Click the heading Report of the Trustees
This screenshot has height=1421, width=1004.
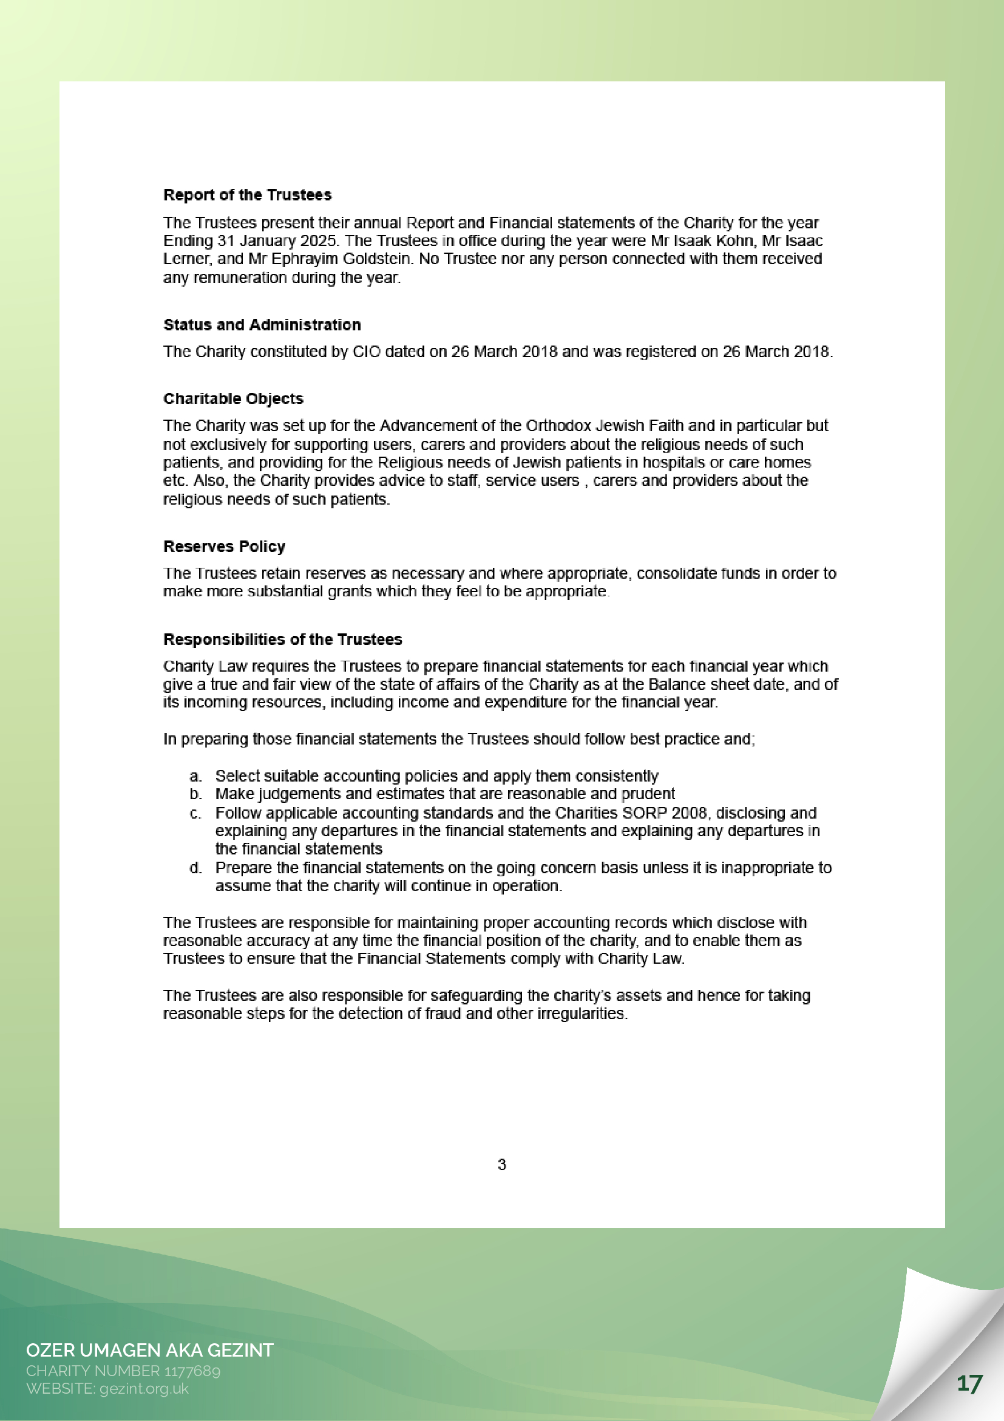(x=248, y=195)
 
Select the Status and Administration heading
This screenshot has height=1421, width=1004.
(x=262, y=325)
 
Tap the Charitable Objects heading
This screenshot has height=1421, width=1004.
(x=233, y=398)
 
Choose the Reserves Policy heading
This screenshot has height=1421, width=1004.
(x=224, y=547)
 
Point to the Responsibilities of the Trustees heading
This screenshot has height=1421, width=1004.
(x=282, y=639)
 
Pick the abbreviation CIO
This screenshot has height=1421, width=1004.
(x=366, y=352)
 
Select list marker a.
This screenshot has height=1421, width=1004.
(x=195, y=776)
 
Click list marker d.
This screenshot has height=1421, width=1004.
(x=195, y=868)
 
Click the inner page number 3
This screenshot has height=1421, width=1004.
(x=501, y=1164)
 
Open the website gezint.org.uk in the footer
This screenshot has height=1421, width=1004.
(x=143, y=1388)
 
